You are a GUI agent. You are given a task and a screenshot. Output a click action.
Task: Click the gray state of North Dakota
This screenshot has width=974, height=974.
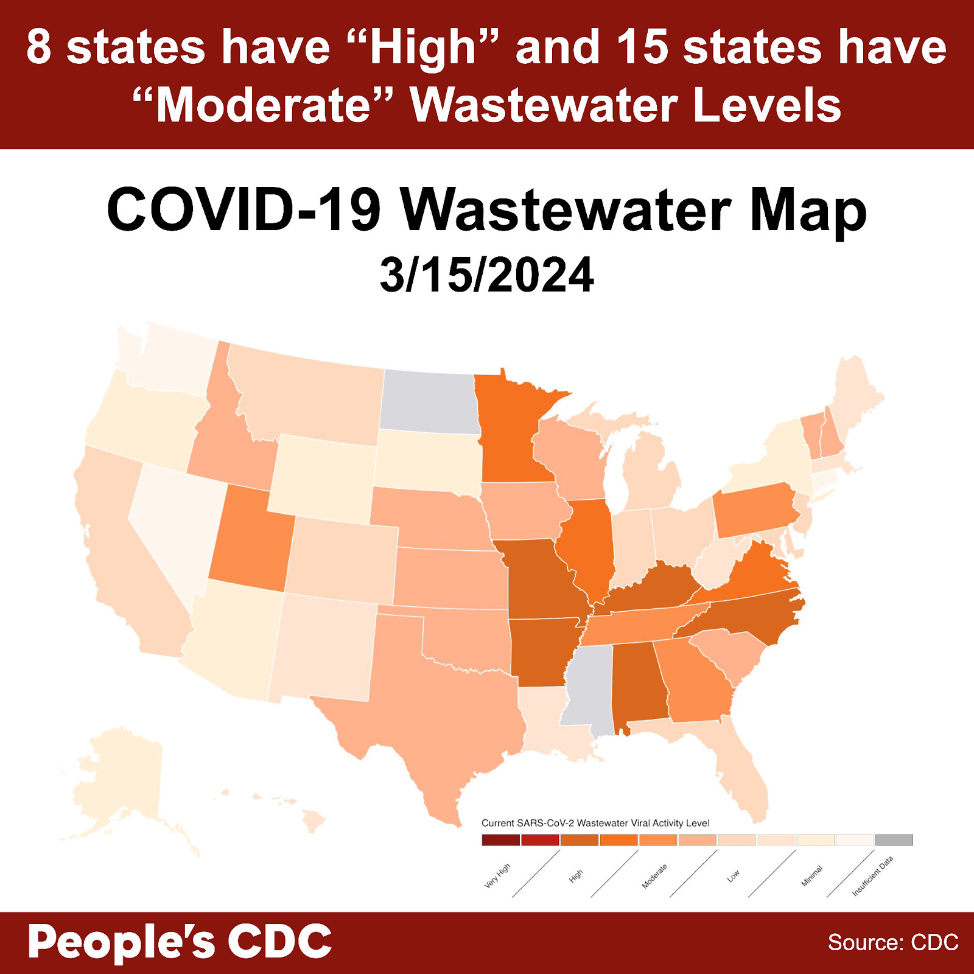(x=428, y=402)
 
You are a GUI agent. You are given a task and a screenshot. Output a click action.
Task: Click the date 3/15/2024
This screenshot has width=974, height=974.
(x=486, y=275)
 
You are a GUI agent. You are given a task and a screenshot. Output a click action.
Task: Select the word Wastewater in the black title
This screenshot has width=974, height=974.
(x=566, y=210)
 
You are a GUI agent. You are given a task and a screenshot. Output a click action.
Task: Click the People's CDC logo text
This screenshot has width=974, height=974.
(x=180, y=942)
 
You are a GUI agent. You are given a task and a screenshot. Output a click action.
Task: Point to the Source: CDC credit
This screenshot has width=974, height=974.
(x=892, y=942)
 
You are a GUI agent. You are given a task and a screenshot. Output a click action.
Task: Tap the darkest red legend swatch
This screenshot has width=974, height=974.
(x=500, y=840)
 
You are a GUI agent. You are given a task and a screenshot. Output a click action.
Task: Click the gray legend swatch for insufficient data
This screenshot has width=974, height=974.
(x=894, y=840)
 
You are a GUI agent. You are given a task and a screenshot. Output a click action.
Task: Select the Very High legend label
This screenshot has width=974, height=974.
(x=497, y=875)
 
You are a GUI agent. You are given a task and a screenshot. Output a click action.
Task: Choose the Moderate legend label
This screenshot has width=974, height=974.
(x=654, y=876)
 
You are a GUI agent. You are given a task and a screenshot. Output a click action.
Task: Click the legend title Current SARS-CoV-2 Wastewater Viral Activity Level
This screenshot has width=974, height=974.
(x=595, y=823)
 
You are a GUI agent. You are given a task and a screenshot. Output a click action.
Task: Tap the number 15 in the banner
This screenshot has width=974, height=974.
(x=642, y=47)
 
